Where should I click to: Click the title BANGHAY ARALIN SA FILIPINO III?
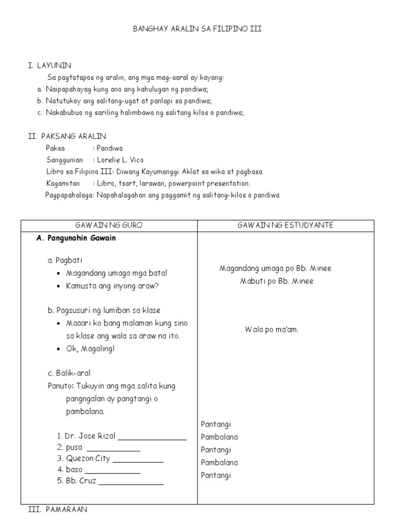click(x=197, y=29)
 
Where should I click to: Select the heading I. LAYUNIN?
click(x=50, y=65)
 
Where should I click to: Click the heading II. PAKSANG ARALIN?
click(x=67, y=136)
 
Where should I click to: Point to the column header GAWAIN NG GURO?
click(x=109, y=225)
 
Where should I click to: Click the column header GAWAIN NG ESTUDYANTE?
click(x=285, y=225)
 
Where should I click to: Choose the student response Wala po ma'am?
click(x=272, y=330)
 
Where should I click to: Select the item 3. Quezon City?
click(x=84, y=459)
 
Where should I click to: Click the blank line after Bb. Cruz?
click(x=131, y=483)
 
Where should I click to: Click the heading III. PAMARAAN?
click(x=58, y=510)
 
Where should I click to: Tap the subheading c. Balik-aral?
click(x=68, y=373)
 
